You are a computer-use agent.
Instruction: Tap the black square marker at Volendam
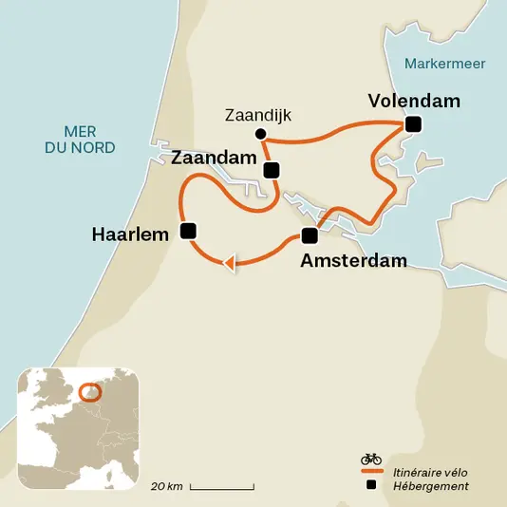click(x=412, y=124)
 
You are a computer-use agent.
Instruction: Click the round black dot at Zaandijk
click(x=261, y=133)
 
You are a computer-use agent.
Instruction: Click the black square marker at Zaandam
click(x=272, y=171)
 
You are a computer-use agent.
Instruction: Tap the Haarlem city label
click(x=130, y=232)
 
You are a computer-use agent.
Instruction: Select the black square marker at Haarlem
click(x=188, y=230)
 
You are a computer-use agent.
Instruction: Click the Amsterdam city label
click(x=353, y=260)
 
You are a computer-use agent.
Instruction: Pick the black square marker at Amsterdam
click(x=309, y=235)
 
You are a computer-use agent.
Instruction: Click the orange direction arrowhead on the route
click(x=228, y=263)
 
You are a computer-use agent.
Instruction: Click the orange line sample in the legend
click(x=370, y=472)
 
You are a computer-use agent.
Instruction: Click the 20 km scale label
click(x=167, y=486)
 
